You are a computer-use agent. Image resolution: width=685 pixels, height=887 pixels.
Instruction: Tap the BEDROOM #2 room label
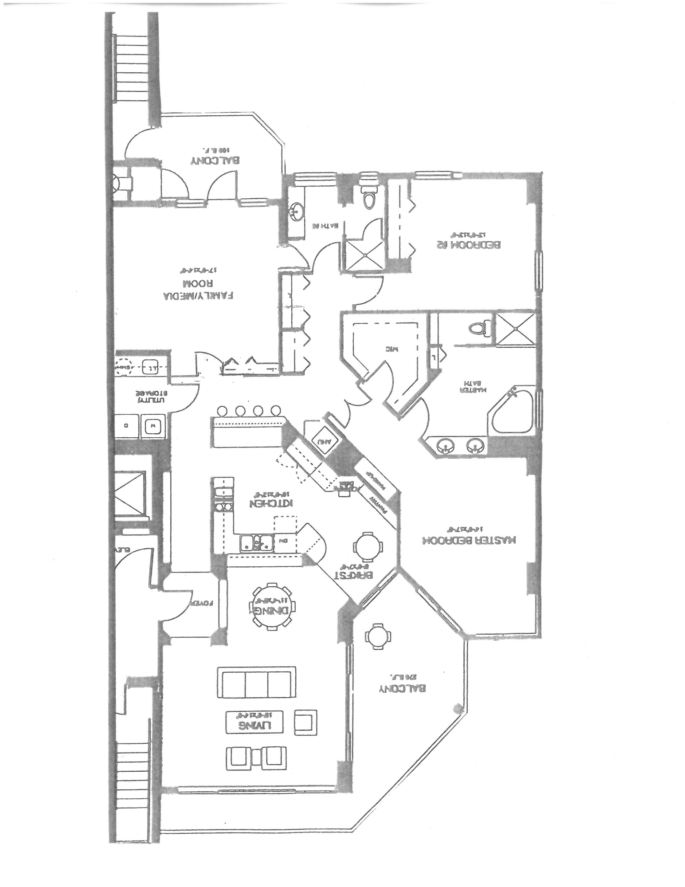(469, 244)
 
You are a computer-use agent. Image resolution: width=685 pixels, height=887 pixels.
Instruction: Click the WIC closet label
(392, 349)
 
